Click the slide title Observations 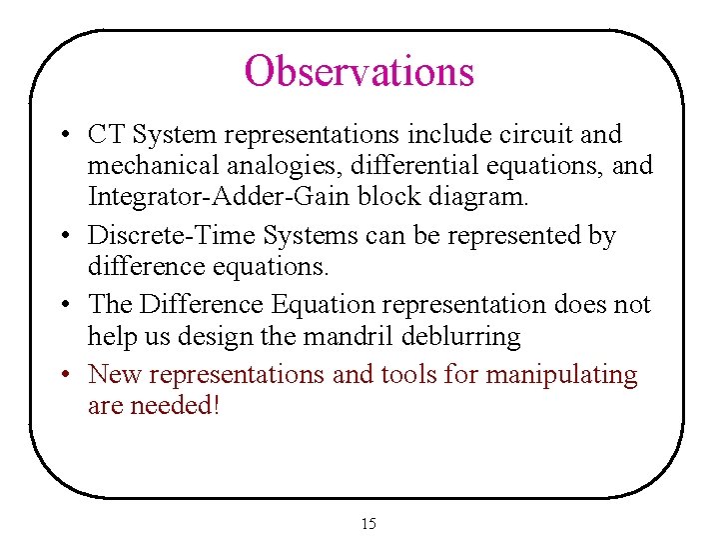pos(359,71)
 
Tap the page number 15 pos(368,524)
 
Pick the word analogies pos(283,165)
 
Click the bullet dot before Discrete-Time pos(63,237)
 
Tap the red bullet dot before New pos(63,376)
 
